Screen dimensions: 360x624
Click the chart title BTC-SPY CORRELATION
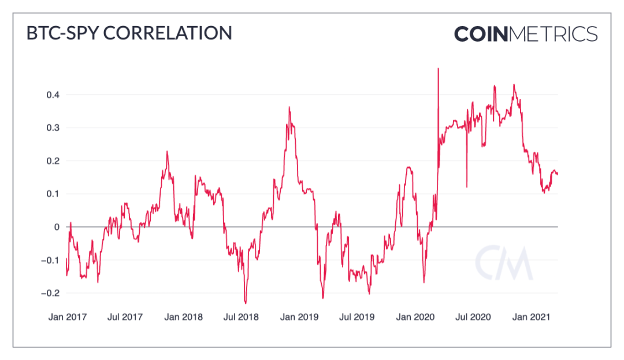click(129, 33)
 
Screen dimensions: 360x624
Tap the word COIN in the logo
click(480, 34)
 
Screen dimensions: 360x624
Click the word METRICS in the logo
click(553, 34)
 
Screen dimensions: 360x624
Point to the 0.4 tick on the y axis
click(53, 94)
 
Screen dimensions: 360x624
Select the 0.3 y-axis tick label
click(53, 128)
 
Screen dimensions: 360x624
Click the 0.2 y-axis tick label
click(53, 161)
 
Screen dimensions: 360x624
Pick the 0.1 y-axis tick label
click(53, 194)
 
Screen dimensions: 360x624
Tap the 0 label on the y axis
click(57, 227)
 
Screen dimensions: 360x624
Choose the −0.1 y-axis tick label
click(51, 260)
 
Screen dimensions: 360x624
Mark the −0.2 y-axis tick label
click(51, 293)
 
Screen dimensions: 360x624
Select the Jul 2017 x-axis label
click(125, 317)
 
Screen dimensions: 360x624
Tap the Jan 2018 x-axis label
click(183, 317)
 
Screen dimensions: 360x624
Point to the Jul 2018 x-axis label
click(241, 317)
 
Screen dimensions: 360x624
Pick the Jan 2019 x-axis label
click(299, 317)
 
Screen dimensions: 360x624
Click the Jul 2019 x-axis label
click(357, 317)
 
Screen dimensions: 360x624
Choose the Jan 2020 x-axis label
click(415, 317)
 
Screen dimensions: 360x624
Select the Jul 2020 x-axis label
click(473, 317)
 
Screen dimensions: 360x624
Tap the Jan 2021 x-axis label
click(532, 317)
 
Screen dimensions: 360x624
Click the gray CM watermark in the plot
click(504, 263)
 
